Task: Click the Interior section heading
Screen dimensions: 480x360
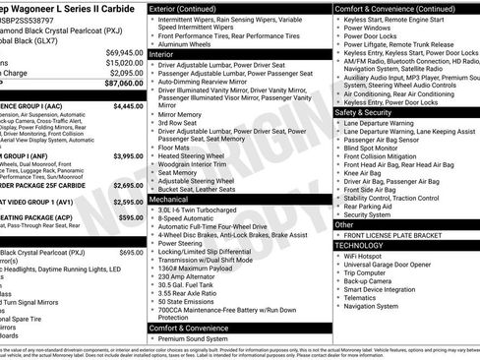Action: [162, 56]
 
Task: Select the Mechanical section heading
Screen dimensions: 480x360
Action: [168, 199]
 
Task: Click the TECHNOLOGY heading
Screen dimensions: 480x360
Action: [366, 244]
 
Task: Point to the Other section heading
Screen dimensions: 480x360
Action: [344, 224]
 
